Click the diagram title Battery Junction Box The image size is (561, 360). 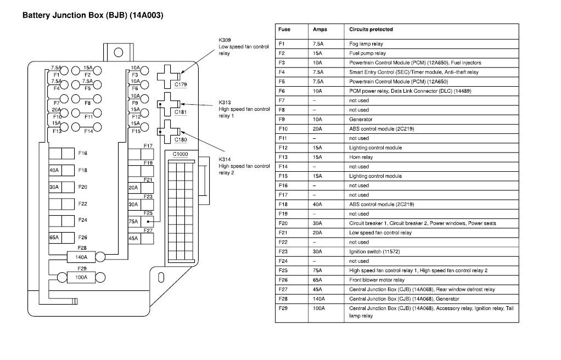click(x=92, y=15)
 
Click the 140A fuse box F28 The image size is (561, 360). click(x=81, y=256)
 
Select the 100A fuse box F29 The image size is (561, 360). click(x=81, y=277)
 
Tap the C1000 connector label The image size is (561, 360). click(x=180, y=155)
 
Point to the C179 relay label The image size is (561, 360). click(x=181, y=85)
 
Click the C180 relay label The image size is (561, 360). click(x=181, y=139)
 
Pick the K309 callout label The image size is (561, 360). click(x=225, y=40)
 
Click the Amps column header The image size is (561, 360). click(x=319, y=29)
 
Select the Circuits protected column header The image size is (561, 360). click(x=371, y=29)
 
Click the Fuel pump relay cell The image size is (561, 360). click(x=367, y=53)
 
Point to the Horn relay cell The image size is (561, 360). click(x=361, y=157)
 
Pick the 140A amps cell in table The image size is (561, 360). click(x=318, y=299)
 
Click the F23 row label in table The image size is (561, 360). click(x=283, y=252)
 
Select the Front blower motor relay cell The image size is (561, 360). click(x=377, y=280)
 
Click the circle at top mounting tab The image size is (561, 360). click(x=118, y=53)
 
